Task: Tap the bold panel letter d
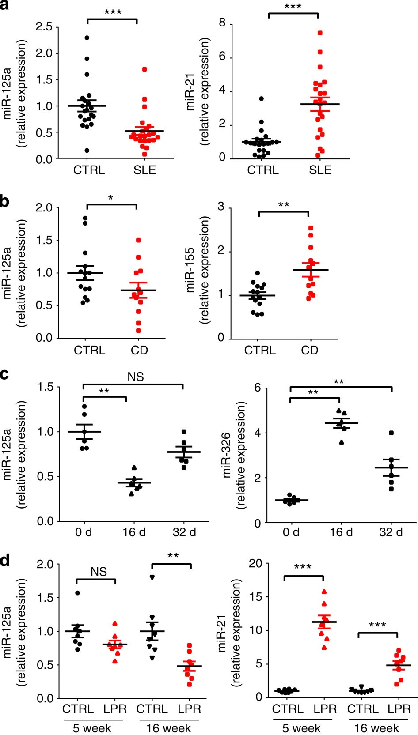tap(6, 562)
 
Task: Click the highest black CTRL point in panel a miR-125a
tap(87, 38)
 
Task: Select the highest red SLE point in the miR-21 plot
tap(320, 33)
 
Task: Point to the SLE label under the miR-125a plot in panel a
tap(145, 170)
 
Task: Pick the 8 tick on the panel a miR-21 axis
tap(222, 23)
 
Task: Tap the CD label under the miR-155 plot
tap(309, 350)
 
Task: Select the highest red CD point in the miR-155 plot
tap(311, 228)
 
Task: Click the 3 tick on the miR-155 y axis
tap(221, 207)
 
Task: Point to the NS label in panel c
tap(136, 377)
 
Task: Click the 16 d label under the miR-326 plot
tap(342, 532)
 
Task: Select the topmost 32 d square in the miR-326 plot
tap(391, 433)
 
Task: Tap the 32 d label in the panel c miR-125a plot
tap(184, 532)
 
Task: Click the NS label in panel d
tap(99, 572)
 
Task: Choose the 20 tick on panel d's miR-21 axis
tap(256, 564)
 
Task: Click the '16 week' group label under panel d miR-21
tap(376, 728)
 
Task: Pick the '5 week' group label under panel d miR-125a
tap(92, 728)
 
